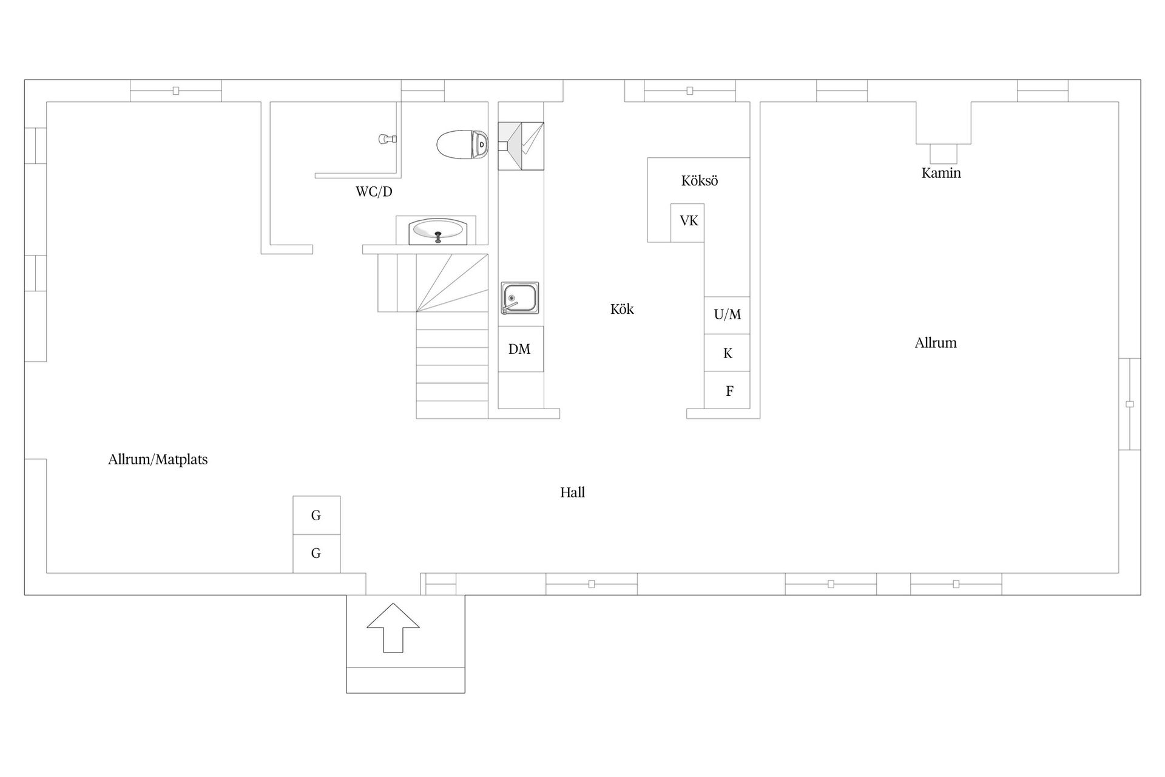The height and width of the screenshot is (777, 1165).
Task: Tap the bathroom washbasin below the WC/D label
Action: (x=437, y=231)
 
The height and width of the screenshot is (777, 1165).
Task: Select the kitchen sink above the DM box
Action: (x=519, y=298)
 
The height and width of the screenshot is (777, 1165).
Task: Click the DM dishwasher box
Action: (x=520, y=349)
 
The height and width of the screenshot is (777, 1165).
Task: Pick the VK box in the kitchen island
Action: (x=687, y=222)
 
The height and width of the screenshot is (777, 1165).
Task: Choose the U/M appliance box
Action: (x=727, y=315)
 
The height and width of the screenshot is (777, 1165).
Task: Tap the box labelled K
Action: (x=727, y=353)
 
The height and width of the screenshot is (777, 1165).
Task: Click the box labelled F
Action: (x=727, y=390)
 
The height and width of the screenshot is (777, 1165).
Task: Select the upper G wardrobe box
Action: (x=316, y=515)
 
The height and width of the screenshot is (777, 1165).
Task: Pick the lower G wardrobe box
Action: (x=316, y=554)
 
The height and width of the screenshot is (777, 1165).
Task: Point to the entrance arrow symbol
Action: (x=393, y=628)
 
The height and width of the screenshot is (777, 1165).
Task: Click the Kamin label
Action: (x=941, y=173)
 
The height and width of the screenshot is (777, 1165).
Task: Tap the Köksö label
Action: (x=699, y=181)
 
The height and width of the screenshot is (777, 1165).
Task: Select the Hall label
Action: (x=572, y=492)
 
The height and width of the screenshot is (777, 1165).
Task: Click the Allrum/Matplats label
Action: (x=158, y=460)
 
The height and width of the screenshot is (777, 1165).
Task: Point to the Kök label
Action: (x=622, y=309)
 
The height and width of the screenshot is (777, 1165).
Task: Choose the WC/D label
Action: (x=374, y=192)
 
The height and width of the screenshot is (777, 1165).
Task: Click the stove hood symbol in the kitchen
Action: (x=521, y=146)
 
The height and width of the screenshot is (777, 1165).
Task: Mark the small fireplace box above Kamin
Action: (x=944, y=153)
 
